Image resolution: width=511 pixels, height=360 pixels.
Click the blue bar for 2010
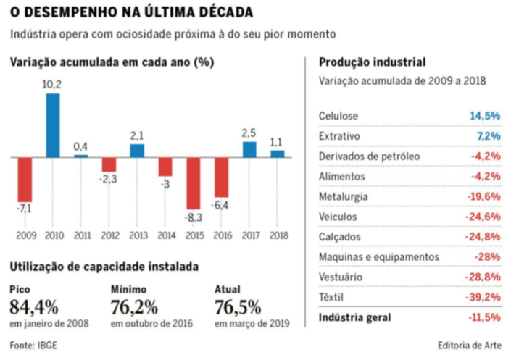pos(53,125)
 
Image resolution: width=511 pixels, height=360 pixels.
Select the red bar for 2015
pos(194,183)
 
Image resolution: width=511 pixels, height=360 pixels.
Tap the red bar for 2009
pos(25,179)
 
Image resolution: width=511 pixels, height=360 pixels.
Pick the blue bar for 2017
pos(249,148)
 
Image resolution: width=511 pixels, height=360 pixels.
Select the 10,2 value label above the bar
pos(53,85)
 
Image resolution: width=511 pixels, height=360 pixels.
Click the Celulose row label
pos(338,116)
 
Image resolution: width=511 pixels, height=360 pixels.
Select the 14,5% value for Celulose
pos(485,116)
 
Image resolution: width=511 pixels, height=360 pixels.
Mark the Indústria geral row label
pos(354,317)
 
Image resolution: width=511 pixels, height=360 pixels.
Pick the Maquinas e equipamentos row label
pos(379,256)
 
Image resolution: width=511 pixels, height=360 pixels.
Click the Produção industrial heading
pos(373,62)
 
